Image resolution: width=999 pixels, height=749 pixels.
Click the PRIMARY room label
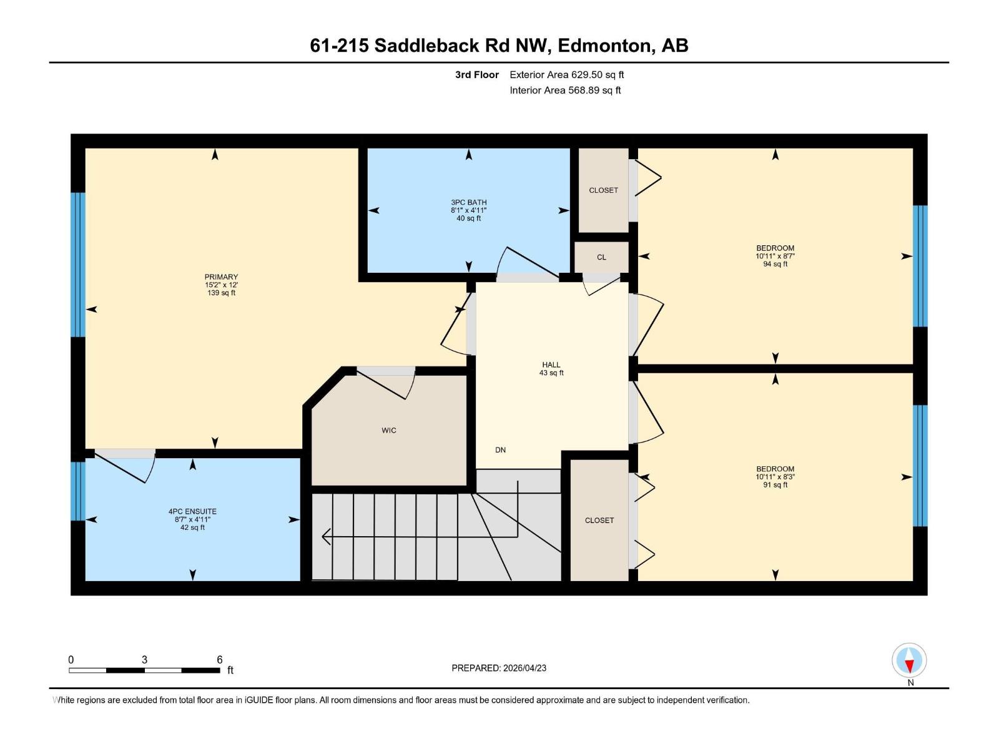point(221,277)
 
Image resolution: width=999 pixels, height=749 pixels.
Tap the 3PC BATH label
point(468,203)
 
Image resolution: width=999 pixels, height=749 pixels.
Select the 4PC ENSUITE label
point(192,512)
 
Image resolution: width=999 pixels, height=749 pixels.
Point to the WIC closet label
point(389,431)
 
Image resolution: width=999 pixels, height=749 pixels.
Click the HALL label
point(551,365)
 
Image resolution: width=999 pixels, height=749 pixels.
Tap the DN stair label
point(500,450)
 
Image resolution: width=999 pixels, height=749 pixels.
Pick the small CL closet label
point(601,257)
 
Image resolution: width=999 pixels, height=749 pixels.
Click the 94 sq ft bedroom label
point(775,256)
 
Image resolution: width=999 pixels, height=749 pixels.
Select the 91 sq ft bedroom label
point(775,477)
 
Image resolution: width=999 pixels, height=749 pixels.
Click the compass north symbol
point(909,661)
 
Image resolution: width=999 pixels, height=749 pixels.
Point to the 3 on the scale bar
point(144,660)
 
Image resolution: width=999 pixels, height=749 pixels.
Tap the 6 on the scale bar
point(220,660)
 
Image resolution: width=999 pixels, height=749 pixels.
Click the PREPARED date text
point(499,668)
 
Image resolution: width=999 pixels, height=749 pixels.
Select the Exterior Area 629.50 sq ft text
point(566,75)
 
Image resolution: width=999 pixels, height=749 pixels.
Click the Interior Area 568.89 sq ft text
point(565,91)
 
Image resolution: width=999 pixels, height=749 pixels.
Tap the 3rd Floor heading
point(476,75)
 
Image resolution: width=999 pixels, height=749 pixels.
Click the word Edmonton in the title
point(604,46)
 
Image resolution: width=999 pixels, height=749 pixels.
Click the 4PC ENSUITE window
point(77,491)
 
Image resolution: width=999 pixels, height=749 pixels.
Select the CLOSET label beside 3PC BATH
point(603,190)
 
